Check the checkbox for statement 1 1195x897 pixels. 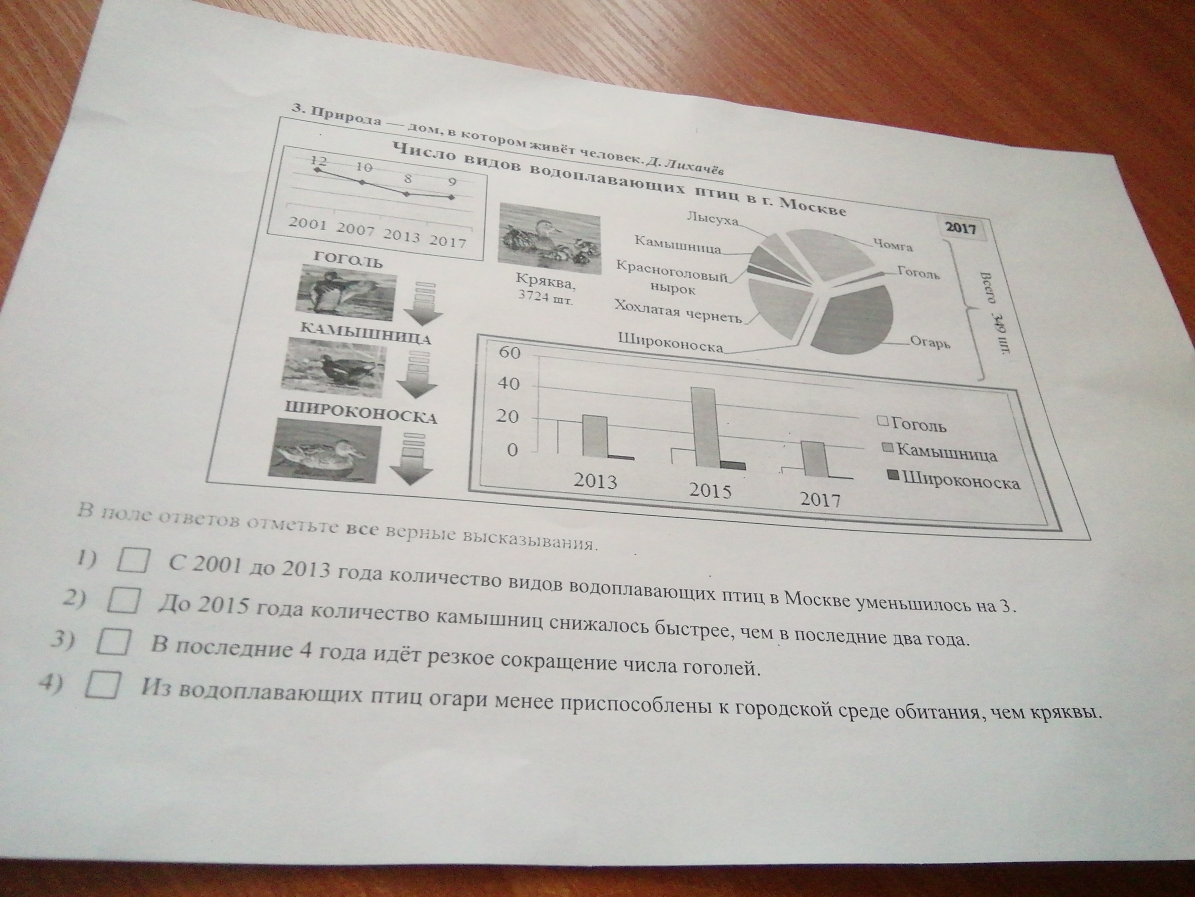tap(133, 560)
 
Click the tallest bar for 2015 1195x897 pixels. tap(708, 427)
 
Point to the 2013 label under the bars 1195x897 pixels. tap(595, 481)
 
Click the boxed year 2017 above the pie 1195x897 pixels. tap(961, 228)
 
